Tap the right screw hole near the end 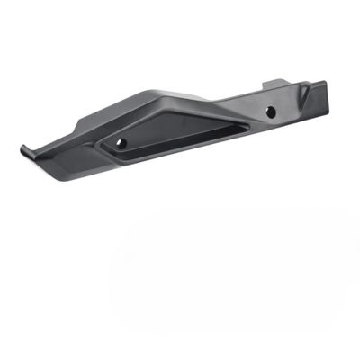tap(269, 112)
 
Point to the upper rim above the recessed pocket tap(180, 114)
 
